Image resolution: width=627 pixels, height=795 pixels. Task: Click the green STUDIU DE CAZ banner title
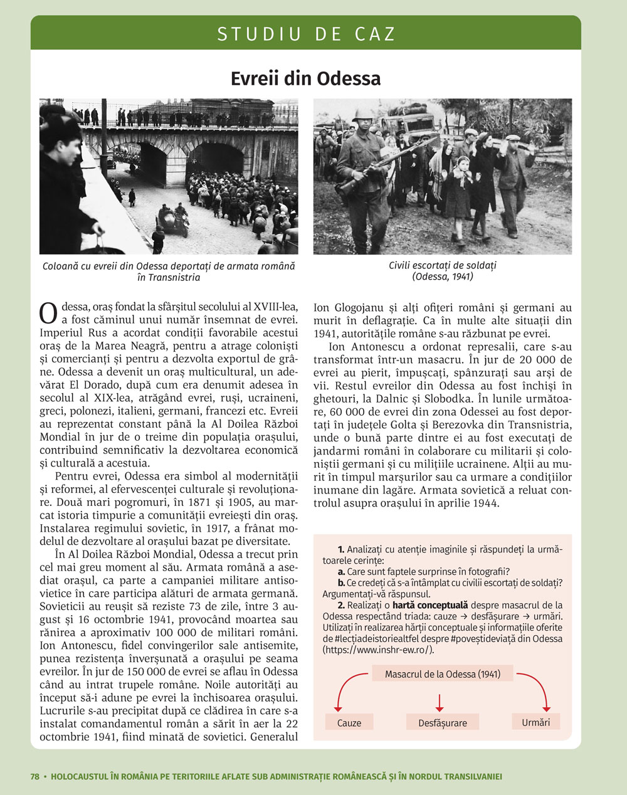click(x=306, y=34)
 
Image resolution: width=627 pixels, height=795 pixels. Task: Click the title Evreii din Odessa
click(x=305, y=79)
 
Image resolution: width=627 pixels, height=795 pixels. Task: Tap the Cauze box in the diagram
click(x=349, y=722)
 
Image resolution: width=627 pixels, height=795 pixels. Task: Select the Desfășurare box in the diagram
click(x=443, y=722)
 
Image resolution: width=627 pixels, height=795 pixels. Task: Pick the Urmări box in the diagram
click(x=535, y=722)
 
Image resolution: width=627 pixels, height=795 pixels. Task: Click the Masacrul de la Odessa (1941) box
click(x=443, y=674)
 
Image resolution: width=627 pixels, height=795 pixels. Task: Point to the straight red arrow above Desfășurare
click(x=440, y=701)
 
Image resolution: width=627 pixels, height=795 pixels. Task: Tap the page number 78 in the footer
click(x=35, y=776)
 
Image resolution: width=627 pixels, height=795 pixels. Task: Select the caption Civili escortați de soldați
click(x=442, y=265)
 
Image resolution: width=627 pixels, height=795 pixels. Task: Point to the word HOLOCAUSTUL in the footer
click(x=79, y=776)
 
